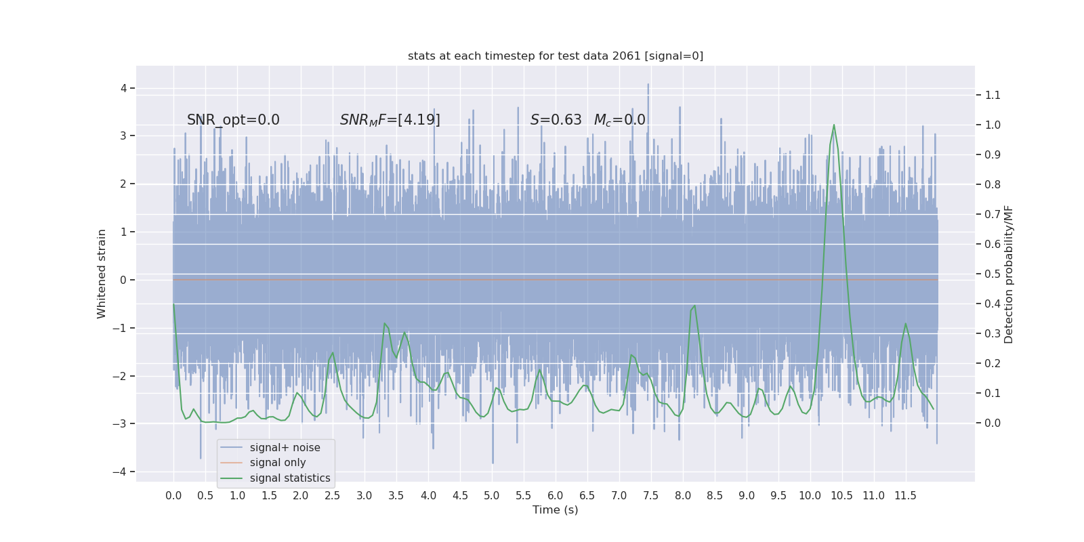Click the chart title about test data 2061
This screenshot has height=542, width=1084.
[556, 56]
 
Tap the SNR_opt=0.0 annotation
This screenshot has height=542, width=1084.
[233, 120]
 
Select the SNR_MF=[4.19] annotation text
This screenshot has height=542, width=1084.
[390, 120]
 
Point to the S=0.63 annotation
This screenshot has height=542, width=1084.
[556, 120]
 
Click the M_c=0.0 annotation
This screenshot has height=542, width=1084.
[619, 120]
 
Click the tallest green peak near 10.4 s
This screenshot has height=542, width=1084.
[833, 125]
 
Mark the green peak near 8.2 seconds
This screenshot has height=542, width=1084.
[694, 306]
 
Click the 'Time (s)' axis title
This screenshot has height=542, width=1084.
[556, 510]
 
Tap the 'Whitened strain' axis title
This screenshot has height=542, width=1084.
[102, 274]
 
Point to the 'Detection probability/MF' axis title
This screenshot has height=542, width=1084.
[1009, 274]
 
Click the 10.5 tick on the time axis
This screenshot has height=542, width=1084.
[842, 496]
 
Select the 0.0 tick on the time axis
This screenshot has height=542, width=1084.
[173, 496]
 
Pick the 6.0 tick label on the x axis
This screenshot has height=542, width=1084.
[556, 496]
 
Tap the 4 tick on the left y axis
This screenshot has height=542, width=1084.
[124, 88]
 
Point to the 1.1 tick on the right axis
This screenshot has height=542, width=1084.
[993, 96]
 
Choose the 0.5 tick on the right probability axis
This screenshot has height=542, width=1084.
[993, 274]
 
